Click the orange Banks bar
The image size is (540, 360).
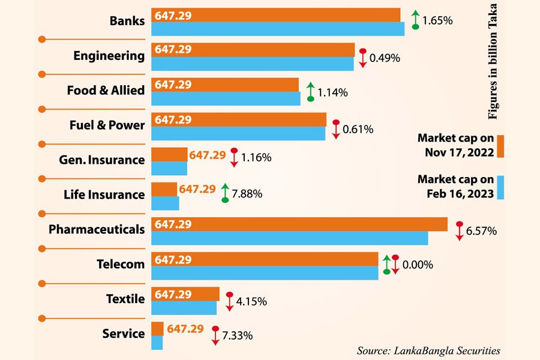click(x=276, y=15)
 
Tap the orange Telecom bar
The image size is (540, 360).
click(x=265, y=259)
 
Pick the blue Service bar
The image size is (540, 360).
click(x=157, y=343)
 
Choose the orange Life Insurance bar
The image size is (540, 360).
click(x=164, y=189)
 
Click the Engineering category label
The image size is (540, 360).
click(x=109, y=56)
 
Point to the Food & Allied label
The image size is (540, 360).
click(x=106, y=91)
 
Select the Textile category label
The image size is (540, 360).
click(x=125, y=299)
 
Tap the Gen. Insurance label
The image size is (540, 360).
click(x=101, y=160)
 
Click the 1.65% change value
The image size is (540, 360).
click(x=437, y=20)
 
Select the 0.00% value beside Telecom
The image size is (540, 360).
click(x=418, y=265)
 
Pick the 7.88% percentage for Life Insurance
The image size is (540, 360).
click(x=248, y=194)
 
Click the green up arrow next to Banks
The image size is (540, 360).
click(x=415, y=20)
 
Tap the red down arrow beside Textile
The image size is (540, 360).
click(x=229, y=301)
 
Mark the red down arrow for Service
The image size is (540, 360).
click(x=215, y=335)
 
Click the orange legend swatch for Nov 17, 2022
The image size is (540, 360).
click(x=500, y=145)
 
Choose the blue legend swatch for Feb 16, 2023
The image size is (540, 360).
click(x=500, y=187)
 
